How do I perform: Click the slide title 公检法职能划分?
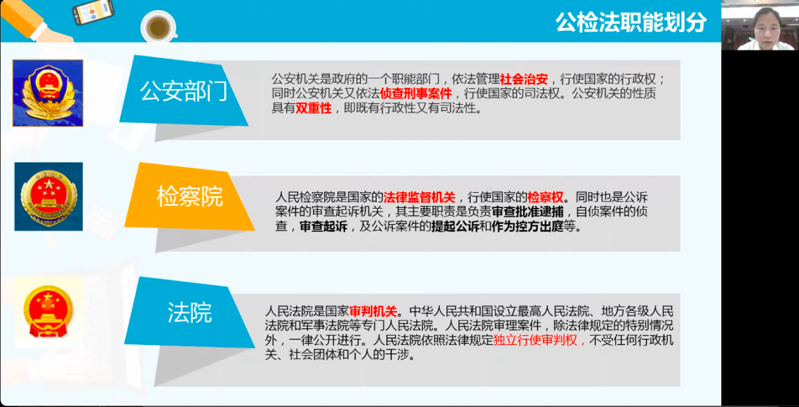(630, 23)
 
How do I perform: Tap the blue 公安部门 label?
(184, 92)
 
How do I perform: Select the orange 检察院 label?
(190, 196)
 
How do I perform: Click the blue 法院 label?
(190, 313)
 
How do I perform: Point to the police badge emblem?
(48, 93)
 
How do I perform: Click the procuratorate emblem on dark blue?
(49, 197)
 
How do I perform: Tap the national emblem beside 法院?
(48, 311)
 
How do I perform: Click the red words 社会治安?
(524, 79)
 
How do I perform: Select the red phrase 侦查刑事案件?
(416, 94)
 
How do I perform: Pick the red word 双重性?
(314, 108)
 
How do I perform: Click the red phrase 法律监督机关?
(419, 197)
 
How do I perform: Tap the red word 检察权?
(545, 197)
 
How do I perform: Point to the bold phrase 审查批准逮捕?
(528, 212)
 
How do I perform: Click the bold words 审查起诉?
(324, 226)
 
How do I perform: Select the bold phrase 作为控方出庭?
(528, 226)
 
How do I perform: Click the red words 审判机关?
(373, 312)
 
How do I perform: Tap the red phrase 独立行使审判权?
(535, 340)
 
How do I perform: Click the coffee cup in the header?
(159, 27)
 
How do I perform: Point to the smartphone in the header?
(93, 12)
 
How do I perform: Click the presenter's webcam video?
(760, 25)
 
